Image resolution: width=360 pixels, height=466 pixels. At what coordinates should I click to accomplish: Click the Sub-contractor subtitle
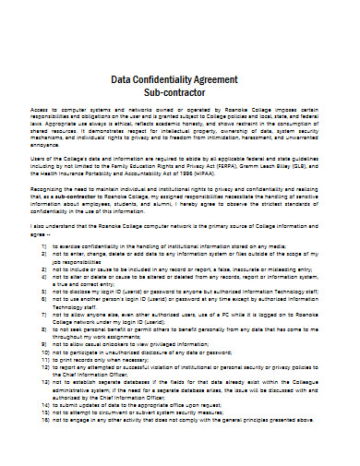click(x=180, y=95)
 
